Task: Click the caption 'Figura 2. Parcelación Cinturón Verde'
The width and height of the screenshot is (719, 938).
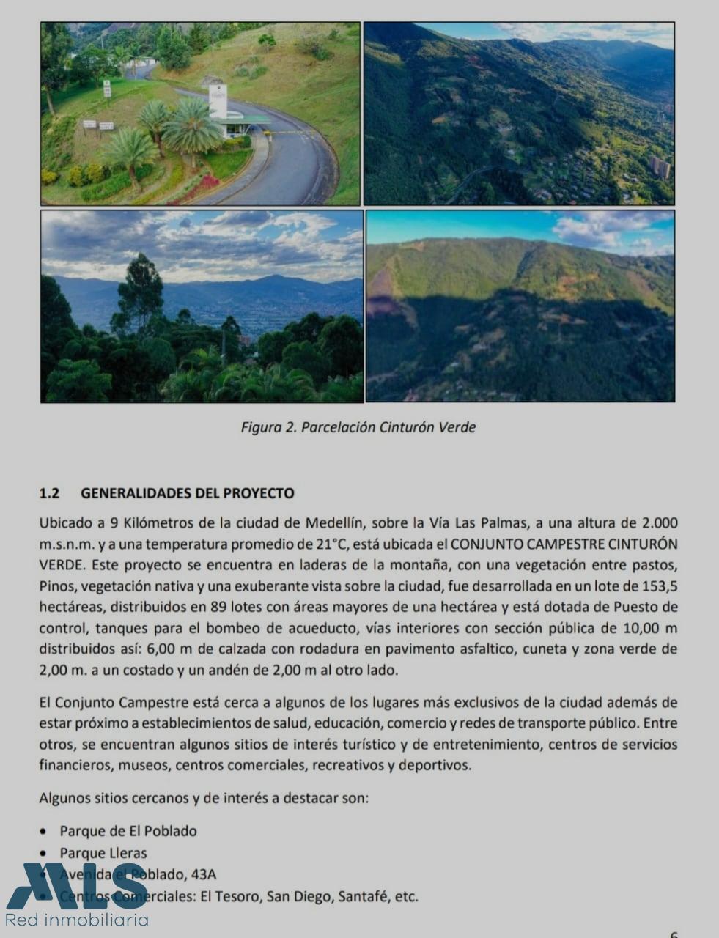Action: tap(358, 427)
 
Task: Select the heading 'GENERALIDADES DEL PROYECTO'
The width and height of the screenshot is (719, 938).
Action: tap(187, 493)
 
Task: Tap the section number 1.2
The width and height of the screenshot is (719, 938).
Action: tap(48, 493)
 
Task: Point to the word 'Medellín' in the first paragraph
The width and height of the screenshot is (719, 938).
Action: tap(334, 523)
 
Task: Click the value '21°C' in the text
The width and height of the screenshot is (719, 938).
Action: tap(328, 544)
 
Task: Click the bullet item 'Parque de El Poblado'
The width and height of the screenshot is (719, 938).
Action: tap(128, 831)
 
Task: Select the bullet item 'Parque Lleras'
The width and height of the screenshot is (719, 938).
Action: tap(103, 853)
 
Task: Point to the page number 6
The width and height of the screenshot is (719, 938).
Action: tap(674, 934)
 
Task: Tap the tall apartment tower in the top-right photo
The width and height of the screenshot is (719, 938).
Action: tap(659, 167)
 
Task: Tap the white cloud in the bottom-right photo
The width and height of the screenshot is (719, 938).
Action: tap(601, 227)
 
